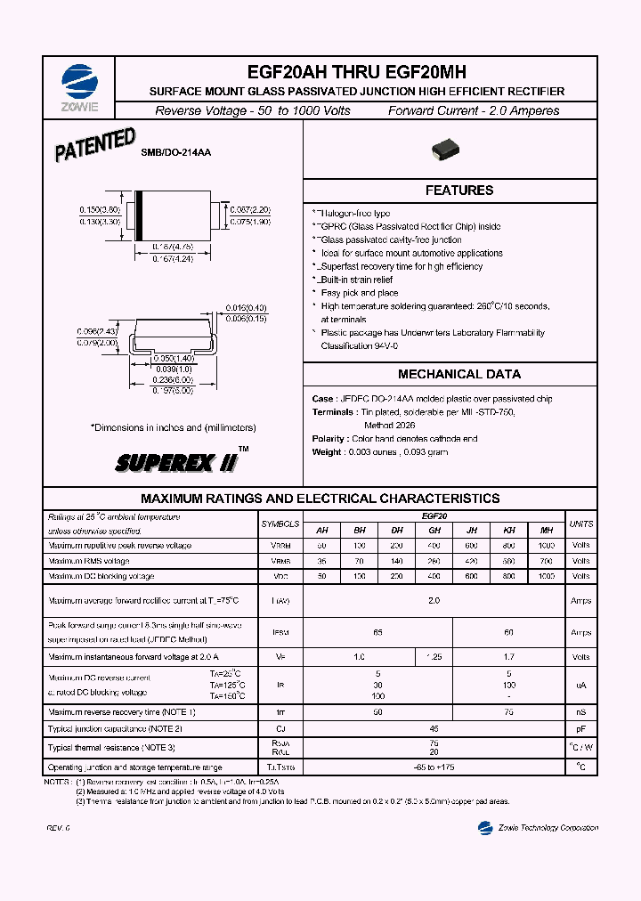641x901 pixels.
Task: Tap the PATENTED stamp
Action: point(95,146)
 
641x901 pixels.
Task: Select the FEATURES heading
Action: point(458,191)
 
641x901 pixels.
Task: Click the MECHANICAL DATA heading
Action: point(458,375)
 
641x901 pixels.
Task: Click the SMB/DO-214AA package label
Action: point(175,154)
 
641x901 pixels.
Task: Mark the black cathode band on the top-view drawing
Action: point(138,215)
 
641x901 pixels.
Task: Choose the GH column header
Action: point(434,530)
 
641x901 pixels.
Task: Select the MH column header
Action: point(547,530)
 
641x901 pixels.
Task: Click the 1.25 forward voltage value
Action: point(434,657)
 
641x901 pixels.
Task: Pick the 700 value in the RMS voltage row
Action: point(547,561)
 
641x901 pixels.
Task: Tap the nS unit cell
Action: point(580,712)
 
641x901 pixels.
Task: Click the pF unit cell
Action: point(580,728)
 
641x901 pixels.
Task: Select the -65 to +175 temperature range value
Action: point(434,767)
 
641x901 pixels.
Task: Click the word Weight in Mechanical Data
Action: point(327,452)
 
